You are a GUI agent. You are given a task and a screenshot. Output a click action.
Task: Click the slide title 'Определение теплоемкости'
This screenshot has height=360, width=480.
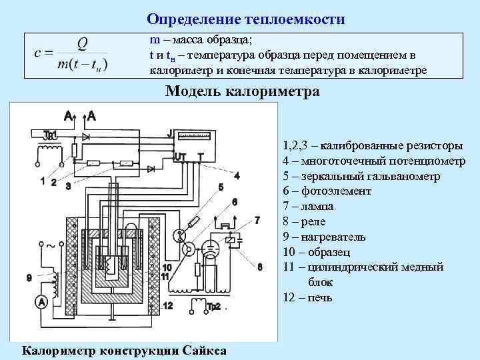click(x=246, y=19)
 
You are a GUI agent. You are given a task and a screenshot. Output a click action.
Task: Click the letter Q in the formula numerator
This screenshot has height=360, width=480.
click(x=82, y=43)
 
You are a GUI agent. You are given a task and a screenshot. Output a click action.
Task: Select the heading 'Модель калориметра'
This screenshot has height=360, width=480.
click(x=242, y=91)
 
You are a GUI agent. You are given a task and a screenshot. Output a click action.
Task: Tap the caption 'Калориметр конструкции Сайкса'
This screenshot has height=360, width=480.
click(x=124, y=351)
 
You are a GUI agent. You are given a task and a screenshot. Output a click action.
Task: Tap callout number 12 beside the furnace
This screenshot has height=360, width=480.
click(x=167, y=306)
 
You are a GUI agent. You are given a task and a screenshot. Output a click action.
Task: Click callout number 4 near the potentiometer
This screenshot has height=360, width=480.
click(x=237, y=175)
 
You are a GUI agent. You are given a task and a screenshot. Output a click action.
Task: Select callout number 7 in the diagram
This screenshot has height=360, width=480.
click(x=257, y=219)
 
